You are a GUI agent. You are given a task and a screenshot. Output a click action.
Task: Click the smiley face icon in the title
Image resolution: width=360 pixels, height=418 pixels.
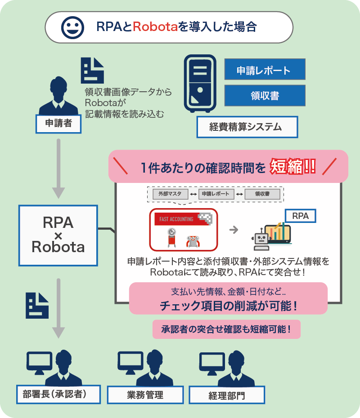pyautogui.click(x=72, y=27)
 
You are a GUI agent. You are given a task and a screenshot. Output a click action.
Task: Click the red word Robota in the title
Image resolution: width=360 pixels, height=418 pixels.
pyautogui.click(x=155, y=27)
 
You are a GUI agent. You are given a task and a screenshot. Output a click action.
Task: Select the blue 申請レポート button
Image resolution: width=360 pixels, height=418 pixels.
pyautogui.click(x=265, y=69)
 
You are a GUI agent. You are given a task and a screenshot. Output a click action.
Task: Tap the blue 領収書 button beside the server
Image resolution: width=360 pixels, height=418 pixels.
pyautogui.click(x=265, y=95)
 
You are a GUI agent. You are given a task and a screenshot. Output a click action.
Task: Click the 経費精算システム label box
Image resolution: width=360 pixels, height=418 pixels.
pyautogui.click(x=247, y=127)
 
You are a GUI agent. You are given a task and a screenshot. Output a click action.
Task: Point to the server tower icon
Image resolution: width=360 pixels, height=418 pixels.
pyautogui.click(x=200, y=84)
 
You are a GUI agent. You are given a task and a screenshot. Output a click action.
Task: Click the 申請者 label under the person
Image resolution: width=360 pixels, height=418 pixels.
pyautogui.click(x=58, y=124)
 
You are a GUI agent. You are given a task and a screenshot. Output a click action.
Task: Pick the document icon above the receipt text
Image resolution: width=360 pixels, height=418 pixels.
pyautogui.click(x=92, y=71)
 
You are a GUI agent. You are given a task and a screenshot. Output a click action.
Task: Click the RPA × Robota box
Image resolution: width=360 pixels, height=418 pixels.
pyautogui.click(x=58, y=236)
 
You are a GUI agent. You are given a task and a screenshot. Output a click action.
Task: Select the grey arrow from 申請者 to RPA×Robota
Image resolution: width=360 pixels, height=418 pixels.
pyautogui.click(x=58, y=169)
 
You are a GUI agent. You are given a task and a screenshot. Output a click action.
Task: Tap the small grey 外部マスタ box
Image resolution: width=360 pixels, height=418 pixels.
pyautogui.click(x=170, y=194)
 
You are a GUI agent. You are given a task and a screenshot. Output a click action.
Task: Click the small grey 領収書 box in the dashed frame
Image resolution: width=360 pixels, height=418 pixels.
pyautogui.click(x=262, y=194)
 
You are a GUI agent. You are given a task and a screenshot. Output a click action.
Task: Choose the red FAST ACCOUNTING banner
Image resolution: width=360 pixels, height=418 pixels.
pyautogui.click(x=183, y=219)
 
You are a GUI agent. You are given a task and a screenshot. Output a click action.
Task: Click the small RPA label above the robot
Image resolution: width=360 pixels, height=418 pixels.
pyautogui.click(x=301, y=216)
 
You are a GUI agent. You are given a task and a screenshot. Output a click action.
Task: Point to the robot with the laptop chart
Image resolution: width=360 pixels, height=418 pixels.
pyautogui.click(x=271, y=236)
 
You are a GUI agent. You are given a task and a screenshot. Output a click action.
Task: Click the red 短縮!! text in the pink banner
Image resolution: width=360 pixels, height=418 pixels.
pyautogui.click(x=293, y=167)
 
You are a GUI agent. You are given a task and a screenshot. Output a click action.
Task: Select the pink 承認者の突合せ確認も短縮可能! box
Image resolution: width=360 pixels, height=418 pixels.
pyautogui.click(x=226, y=329)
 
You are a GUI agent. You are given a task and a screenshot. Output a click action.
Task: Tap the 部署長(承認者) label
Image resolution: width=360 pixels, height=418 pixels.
pyautogui.click(x=58, y=394)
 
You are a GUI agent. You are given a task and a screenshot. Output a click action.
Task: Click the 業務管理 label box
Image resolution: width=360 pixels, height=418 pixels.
pyautogui.click(x=145, y=395)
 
